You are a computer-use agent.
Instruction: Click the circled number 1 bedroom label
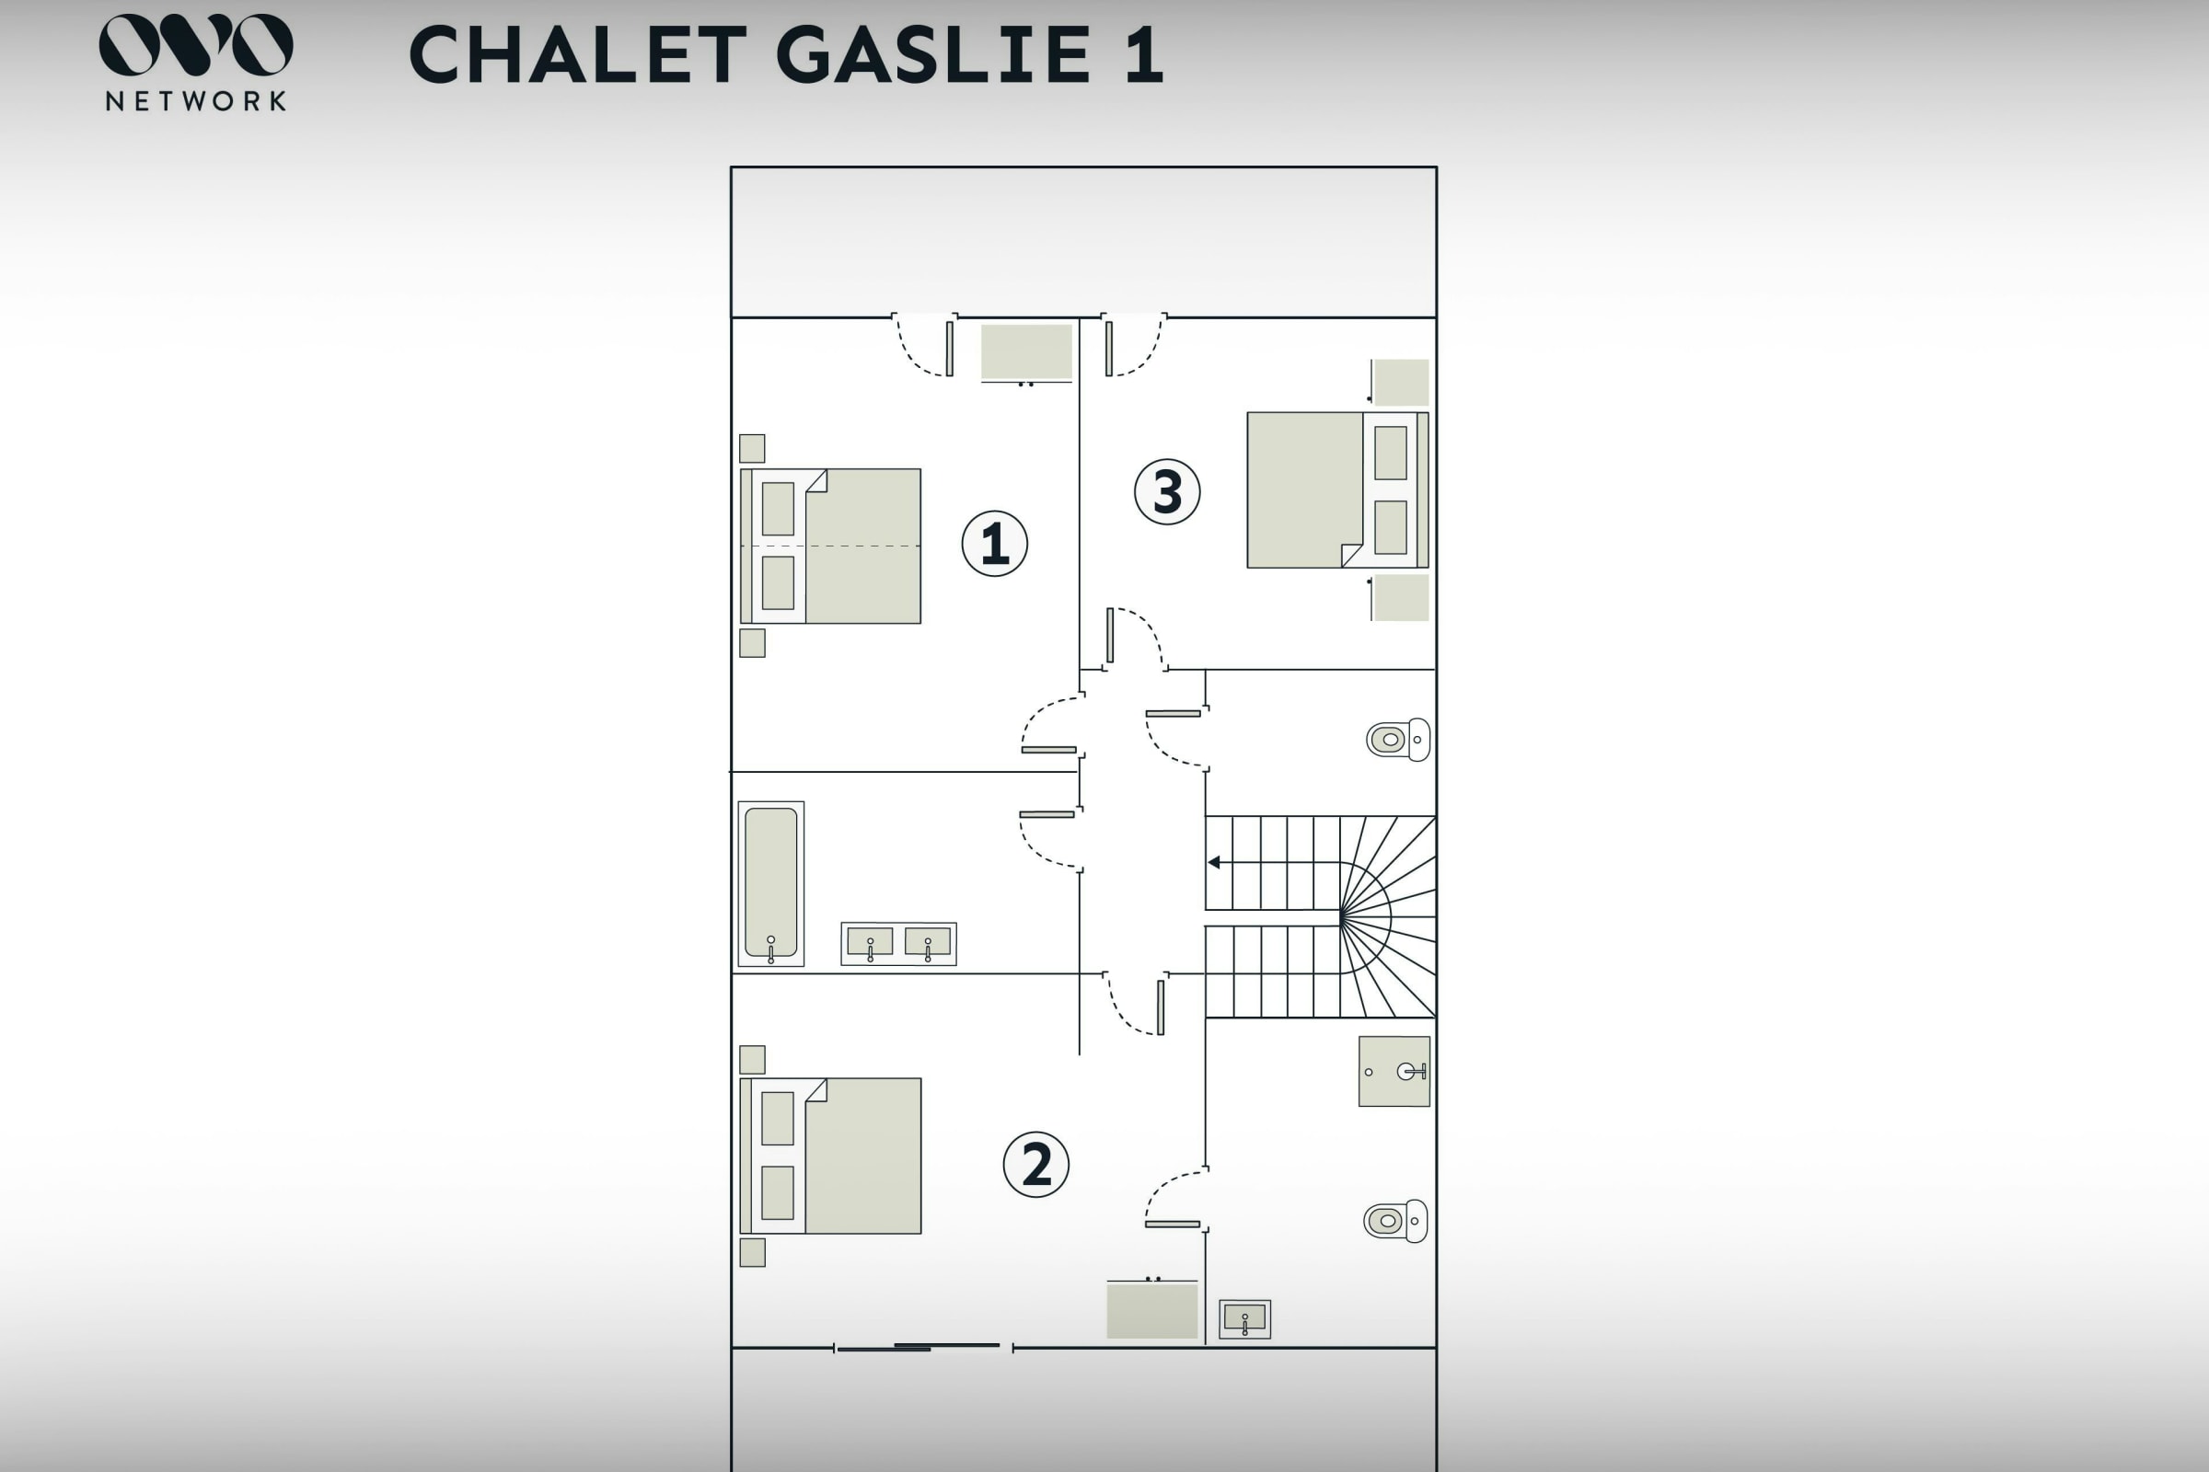(995, 544)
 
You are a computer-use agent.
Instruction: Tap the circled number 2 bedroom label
(1036, 1165)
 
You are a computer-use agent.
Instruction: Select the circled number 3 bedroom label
(1167, 491)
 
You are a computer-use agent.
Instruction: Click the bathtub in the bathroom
(771, 883)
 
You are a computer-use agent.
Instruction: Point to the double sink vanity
(899, 944)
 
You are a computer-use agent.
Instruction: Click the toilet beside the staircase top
(1398, 740)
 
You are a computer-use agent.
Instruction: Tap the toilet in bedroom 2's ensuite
(1395, 1222)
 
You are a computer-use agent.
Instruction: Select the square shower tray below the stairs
(1394, 1071)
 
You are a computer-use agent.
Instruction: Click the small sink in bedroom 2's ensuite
(1245, 1319)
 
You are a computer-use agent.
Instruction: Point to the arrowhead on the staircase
(1213, 862)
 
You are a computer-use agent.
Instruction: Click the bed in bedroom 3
(1337, 490)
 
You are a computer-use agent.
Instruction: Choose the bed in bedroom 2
(831, 1156)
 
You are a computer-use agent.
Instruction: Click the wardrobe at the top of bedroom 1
(1026, 353)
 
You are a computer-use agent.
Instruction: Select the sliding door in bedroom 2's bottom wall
(923, 1347)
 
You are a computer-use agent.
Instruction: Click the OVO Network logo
(195, 62)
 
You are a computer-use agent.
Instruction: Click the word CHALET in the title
(578, 54)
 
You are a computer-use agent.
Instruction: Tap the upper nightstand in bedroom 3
(1400, 382)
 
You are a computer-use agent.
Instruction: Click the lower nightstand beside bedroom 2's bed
(752, 1252)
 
